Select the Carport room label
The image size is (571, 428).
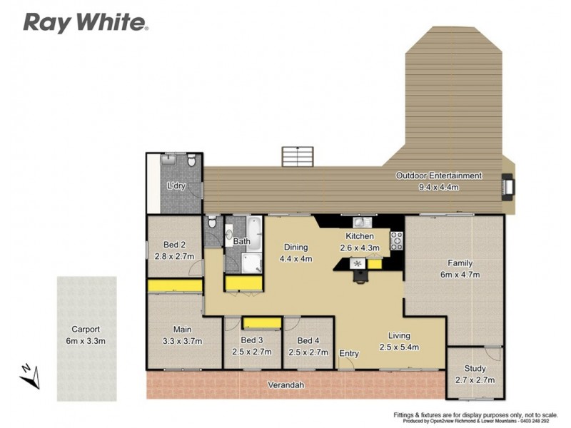[x=86, y=330]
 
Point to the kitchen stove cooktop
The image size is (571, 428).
[x=397, y=240]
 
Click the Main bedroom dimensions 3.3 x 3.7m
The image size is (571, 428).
[x=183, y=341]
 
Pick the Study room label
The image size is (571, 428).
[x=475, y=369]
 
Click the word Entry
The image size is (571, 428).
[x=349, y=353]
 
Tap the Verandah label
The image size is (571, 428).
[x=286, y=385]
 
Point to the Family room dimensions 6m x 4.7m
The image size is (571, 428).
[x=459, y=274]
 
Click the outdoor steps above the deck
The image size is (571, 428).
[x=298, y=156]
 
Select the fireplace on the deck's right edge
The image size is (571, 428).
[x=507, y=184]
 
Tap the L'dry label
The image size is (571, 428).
[x=176, y=185]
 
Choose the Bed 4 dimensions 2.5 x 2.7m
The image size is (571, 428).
[x=308, y=352]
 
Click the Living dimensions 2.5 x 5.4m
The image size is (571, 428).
[x=398, y=347]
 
